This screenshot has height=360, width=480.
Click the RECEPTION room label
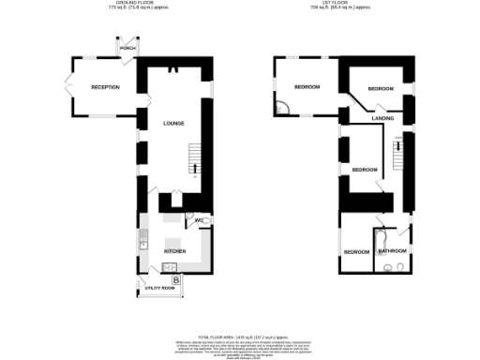pyautogui.click(x=105, y=87)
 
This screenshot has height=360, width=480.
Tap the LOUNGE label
pyautogui.click(x=173, y=123)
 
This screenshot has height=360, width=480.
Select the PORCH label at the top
pyautogui.click(x=127, y=49)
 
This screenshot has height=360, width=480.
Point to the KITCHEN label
pyautogui.click(x=175, y=252)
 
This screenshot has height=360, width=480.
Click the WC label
pyautogui.click(x=200, y=221)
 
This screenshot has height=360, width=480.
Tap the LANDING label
pyautogui.click(x=382, y=119)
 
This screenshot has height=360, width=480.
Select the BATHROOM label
pyautogui.click(x=392, y=251)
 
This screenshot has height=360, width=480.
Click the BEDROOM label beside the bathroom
pyautogui.click(x=356, y=252)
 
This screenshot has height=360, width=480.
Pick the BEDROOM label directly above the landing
pyautogui.click(x=380, y=88)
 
